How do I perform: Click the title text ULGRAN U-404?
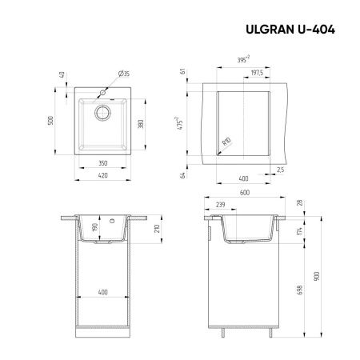[293, 30]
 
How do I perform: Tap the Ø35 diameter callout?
[125, 74]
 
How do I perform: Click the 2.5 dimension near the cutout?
[280, 170]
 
